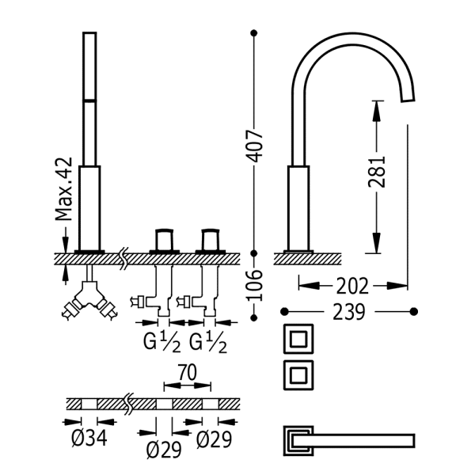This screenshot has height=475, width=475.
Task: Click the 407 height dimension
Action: (x=254, y=146)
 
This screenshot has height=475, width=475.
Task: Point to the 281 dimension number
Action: (x=377, y=172)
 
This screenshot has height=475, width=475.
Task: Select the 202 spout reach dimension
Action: (x=352, y=286)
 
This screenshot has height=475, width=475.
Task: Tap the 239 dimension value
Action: (x=349, y=312)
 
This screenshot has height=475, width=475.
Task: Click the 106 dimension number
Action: (x=254, y=285)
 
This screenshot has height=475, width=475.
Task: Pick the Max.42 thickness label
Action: (x=64, y=189)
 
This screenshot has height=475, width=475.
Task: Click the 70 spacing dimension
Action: (x=187, y=372)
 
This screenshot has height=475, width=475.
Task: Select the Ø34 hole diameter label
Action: (x=89, y=438)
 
